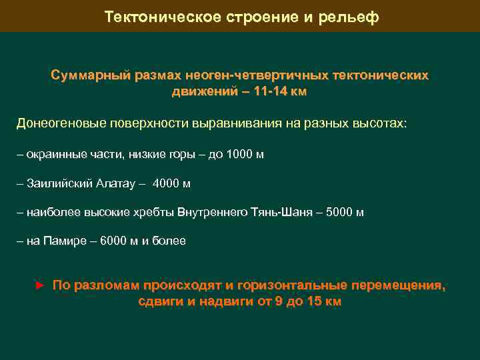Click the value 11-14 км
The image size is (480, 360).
(x=277, y=91)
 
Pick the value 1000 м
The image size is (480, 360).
(x=245, y=154)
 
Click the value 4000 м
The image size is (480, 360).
(x=171, y=183)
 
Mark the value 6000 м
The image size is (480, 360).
(x=119, y=241)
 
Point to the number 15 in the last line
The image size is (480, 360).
(x=311, y=301)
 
